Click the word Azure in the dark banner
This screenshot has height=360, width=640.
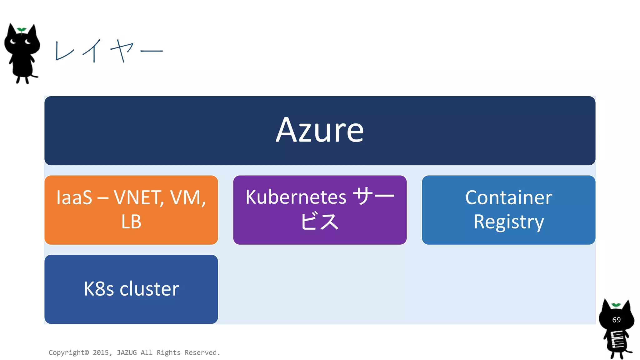320,130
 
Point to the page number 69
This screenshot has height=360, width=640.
616,320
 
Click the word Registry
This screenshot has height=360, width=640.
508,222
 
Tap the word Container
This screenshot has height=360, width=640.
508,197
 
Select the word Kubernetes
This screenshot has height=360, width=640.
296,197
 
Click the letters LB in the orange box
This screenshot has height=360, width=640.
131,222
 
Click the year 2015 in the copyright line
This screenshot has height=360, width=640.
101,352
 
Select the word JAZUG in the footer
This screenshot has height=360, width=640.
127,352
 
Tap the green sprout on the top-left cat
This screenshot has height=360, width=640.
22,30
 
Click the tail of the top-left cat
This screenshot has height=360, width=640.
34,76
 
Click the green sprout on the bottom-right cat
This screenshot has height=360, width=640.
616,305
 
